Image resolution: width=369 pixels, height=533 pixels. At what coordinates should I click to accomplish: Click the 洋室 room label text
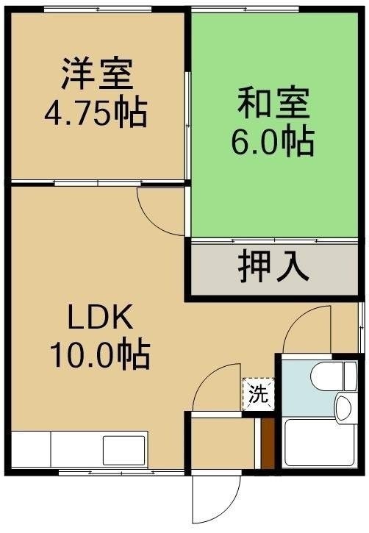point(97,74)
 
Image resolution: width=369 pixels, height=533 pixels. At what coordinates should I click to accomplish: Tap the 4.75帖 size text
point(96,113)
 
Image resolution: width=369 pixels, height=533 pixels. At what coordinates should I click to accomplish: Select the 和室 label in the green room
point(273,104)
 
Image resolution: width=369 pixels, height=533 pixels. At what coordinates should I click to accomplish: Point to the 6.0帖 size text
point(273,141)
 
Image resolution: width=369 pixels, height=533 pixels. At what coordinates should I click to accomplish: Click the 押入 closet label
point(273,266)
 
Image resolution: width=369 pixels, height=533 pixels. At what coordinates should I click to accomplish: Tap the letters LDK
point(101,317)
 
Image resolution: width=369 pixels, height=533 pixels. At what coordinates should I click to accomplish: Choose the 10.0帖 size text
point(100,354)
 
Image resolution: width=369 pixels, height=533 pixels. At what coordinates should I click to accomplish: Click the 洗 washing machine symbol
point(259,394)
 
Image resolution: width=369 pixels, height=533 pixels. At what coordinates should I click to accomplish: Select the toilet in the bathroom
point(334,376)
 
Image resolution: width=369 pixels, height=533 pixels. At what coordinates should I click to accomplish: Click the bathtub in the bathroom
point(320,443)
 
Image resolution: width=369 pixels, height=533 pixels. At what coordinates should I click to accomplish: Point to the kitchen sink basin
point(124,450)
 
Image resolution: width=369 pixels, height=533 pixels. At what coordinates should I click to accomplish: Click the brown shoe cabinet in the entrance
point(268,443)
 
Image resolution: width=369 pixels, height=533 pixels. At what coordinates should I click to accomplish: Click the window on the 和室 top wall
point(245,10)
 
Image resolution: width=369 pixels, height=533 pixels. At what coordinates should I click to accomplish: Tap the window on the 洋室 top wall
point(98,10)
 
